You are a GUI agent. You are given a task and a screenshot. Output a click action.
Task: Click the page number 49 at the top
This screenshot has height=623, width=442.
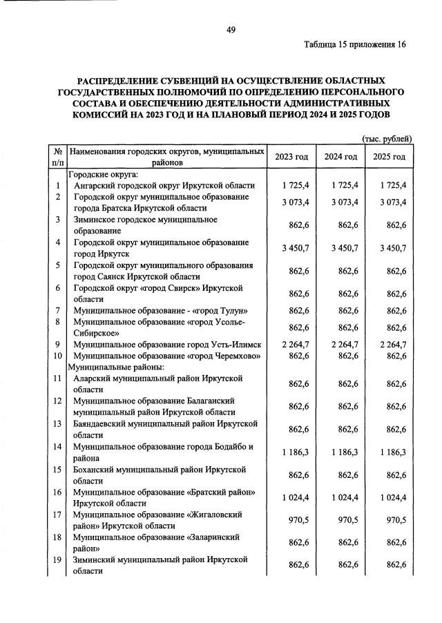(x=231, y=29)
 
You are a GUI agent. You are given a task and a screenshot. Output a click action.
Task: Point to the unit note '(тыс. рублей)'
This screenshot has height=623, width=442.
(x=387, y=138)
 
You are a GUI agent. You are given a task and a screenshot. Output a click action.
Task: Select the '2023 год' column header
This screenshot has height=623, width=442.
(x=291, y=157)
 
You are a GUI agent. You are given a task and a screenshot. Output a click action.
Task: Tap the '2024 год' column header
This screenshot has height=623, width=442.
(x=341, y=157)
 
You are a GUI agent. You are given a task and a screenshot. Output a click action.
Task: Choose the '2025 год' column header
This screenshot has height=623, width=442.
(x=390, y=157)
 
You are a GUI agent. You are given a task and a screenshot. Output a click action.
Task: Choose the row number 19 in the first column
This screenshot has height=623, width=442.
(x=57, y=559)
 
